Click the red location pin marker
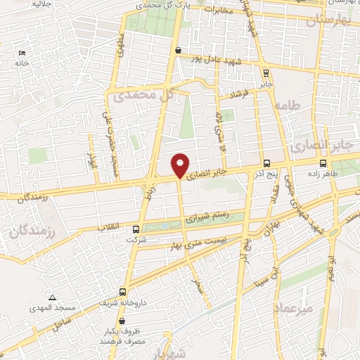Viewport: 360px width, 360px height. (x=181, y=165)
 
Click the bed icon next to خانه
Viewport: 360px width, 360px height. (x=21, y=53)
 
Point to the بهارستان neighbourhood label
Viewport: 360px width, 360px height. (x=328, y=20)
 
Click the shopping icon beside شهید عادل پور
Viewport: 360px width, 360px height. (x=179, y=51)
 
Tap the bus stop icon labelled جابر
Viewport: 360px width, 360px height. (x=265, y=72)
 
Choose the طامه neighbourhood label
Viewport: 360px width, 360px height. (x=289, y=105)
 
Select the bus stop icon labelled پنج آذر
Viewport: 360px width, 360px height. (x=265, y=163)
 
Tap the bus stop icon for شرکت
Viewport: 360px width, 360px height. (x=136, y=229)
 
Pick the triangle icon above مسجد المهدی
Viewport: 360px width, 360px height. (x=52, y=297)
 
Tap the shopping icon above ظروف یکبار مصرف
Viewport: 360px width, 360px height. (x=122, y=321)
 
